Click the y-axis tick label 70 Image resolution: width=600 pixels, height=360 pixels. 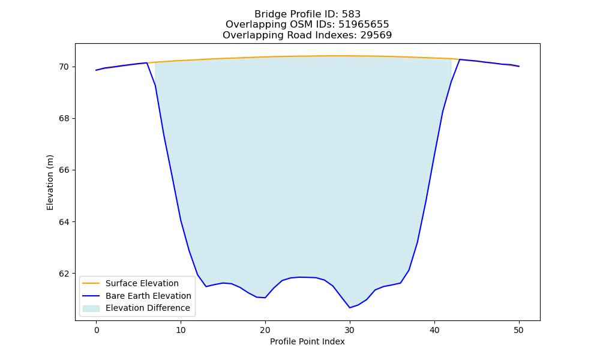64,67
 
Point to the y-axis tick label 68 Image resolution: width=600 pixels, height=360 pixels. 64,119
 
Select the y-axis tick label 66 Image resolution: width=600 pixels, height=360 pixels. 64,170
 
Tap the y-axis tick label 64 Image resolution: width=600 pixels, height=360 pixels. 64,222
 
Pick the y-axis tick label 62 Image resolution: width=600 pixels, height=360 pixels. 64,274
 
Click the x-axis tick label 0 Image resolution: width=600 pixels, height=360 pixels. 96,330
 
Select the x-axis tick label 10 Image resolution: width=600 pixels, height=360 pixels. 181,330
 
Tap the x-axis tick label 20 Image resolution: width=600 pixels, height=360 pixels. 265,330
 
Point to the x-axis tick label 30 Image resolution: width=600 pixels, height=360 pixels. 350,330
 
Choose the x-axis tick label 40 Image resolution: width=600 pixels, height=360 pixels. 434,330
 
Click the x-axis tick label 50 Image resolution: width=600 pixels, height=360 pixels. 519,330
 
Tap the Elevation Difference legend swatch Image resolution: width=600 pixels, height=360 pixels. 91,308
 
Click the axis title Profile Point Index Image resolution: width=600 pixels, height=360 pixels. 307,341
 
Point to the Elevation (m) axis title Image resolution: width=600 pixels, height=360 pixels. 50,182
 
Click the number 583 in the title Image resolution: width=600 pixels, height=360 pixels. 351,14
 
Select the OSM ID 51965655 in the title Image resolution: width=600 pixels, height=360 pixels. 364,25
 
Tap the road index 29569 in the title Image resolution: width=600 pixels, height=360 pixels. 376,35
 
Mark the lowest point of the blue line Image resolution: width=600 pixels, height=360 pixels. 350,308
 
